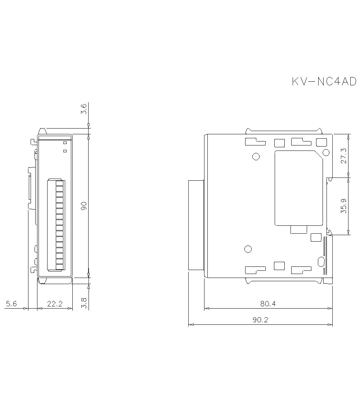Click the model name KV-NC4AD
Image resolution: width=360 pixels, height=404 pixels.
pos(324,82)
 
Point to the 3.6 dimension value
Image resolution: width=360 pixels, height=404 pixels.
pos(84,109)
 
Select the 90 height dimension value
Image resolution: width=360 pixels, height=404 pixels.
pos(84,206)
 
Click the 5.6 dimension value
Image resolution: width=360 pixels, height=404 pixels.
pos(11,304)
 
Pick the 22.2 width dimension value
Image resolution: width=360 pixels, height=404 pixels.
pos(55,304)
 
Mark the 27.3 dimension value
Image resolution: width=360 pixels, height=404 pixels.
pos(343,155)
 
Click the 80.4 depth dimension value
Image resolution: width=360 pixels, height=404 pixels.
pos(268,304)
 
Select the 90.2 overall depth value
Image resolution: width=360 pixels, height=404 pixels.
pos(260,320)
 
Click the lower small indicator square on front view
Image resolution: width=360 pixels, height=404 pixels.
pos(65,151)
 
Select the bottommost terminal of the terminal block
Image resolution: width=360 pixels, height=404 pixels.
pos(59,266)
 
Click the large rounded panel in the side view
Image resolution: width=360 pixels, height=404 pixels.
pos(298,188)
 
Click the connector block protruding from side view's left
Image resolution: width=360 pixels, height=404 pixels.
pos(196,225)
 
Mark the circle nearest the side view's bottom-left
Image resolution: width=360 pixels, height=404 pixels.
pos(248,249)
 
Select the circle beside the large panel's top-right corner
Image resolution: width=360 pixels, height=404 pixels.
pos(326,152)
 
